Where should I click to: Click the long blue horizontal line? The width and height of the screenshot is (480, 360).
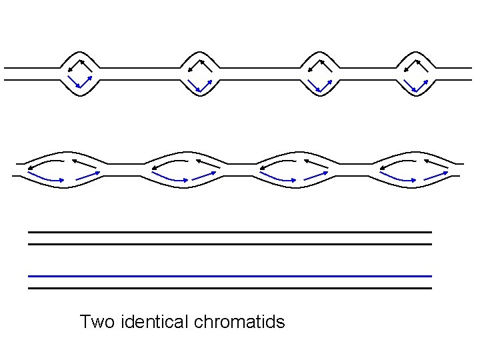[x=230, y=276]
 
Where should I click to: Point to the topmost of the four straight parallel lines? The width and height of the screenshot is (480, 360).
[x=230, y=232]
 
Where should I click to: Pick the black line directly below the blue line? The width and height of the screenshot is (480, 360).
[x=230, y=288]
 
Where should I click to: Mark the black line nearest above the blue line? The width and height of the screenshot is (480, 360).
[x=230, y=244]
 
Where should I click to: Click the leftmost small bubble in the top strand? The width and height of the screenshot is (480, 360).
[x=80, y=73]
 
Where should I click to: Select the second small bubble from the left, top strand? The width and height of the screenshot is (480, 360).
[x=200, y=73]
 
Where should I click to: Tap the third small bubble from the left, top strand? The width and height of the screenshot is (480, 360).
[x=320, y=73]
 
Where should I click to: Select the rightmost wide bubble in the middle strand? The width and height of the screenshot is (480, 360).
[x=413, y=171]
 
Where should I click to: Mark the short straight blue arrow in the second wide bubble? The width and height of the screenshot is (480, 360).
[x=205, y=175]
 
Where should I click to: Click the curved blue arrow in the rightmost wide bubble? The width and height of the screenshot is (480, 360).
[x=399, y=178]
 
